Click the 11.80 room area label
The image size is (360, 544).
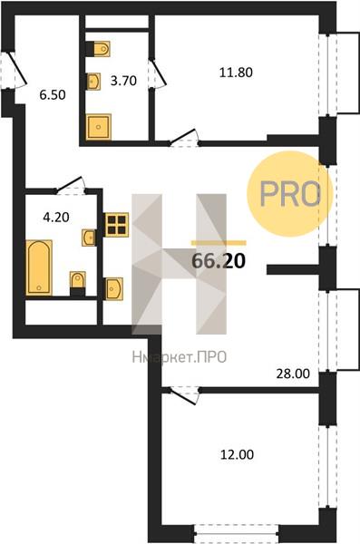pyautogui.click(x=236, y=73)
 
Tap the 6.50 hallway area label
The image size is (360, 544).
pyautogui.click(x=53, y=94)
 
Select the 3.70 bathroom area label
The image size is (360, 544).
pyautogui.click(x=123, y=81)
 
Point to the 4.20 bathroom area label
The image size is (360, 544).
pyautogui.click(x=56, y=218)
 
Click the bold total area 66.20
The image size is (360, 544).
pyautogui.click(x=219, y=261)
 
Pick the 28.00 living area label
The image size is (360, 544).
pyautogui.click(x=293, y=374)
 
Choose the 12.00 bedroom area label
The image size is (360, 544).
pyautogui.click(x=237, y=454)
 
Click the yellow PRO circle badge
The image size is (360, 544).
pyautogui.click(x=289, y=194)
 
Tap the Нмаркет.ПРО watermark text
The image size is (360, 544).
pyautogui.click(x=180, y=357)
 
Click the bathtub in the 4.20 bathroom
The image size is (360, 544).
pyautogui.click(x=39, y=267)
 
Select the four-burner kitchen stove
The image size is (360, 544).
pyautogui.click(x=117, y=225)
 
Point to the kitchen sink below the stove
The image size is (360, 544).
pyautogui.click(x=114, y=288)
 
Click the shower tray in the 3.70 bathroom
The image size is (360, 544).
pyautogui.click(x=99, y=127)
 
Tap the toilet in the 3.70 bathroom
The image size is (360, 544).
pyautogui.click(x=98, y=49)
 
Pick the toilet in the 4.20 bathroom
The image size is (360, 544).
pyautogui.click(x=77, y=284)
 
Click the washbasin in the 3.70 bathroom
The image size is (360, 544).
pyautogui.click(x=93, y=82)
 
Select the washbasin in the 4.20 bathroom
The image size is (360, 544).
pyautogui.click(x=89, y=238)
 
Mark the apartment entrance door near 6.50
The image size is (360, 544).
pyautogui.click(x=15, y=70)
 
